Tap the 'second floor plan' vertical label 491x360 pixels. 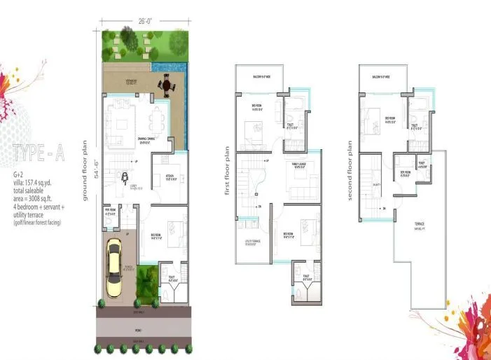350,169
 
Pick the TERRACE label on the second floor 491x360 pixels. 421,226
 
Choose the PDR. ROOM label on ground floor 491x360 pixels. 110,210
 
